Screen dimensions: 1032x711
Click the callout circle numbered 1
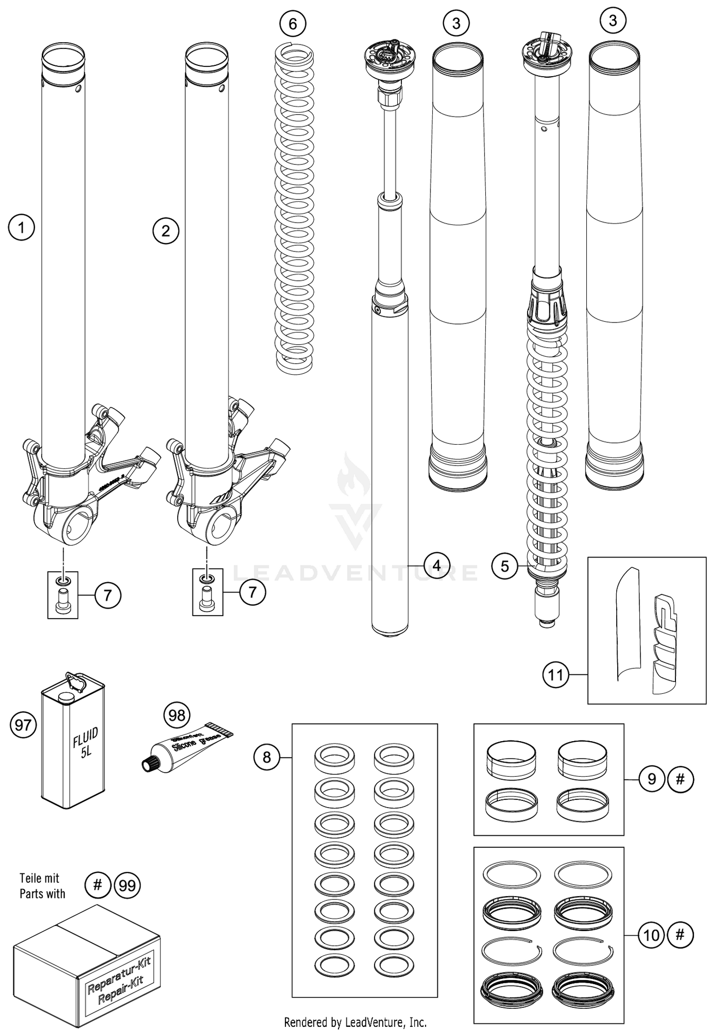(x=21, y=228)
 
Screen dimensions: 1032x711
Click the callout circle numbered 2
(x=165, y=231)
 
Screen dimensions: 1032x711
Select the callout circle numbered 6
(x=292, y=23)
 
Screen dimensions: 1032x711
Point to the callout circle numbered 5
(x=504, y=565)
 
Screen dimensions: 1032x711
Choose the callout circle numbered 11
(x=555, y=674)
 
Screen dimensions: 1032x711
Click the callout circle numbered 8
(x=266, y=757)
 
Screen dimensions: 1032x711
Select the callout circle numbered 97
(x=23, y=725)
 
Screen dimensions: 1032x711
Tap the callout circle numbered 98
(x=177, y=715)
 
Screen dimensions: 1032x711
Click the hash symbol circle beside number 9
(x=680, y=779)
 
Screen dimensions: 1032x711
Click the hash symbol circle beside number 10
(x=680, y=935)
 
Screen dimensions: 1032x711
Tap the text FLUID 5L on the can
(x=86, y=744)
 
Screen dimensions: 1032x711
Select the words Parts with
(x=42, y=894)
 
